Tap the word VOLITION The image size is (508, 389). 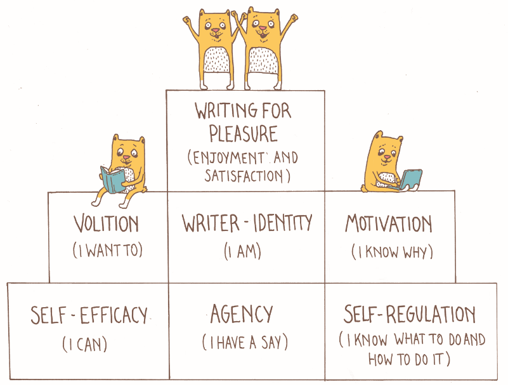tap(106, 224)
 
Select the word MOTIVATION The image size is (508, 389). tap(389, 224)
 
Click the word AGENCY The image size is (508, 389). tap(242, 314)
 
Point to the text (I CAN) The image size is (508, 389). tap(85, 345)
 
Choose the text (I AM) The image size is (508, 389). tap(244, 251)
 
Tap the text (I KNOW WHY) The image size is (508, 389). tap(392, 252)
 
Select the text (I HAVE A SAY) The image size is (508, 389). tap(245, 343)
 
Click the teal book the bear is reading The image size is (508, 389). tap(113, 180)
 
